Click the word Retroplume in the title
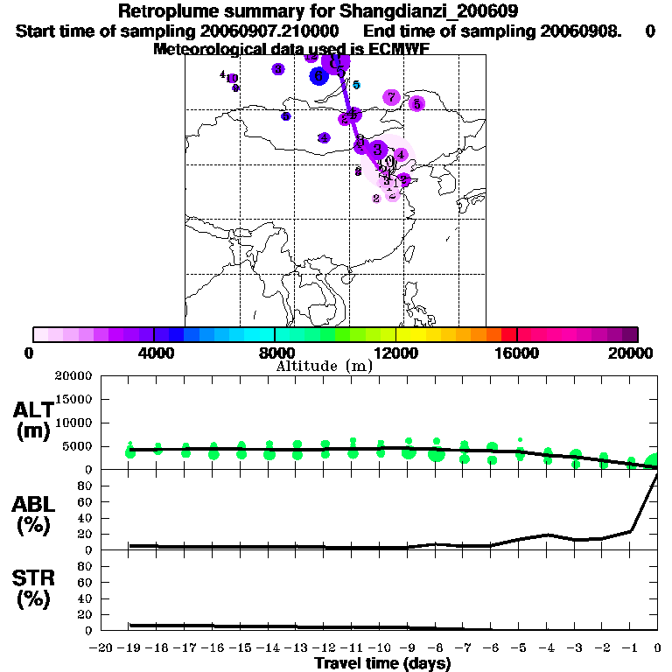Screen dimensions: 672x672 click(x=169, y=12)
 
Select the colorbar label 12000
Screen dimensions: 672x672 click(x=396, y=353)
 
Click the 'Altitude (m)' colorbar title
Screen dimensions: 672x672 click(x=324, y=366)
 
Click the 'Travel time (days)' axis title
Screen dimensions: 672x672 click(x=382, y=664)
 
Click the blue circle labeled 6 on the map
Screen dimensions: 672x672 click(x=318, y=77)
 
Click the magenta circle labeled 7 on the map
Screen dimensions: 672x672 click(x=391, y=97)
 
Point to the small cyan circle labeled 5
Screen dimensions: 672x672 click(x=355, y=85)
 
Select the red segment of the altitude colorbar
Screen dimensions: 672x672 click(x=508, y=334)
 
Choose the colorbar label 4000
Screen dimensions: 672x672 click(x=154, y=353)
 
